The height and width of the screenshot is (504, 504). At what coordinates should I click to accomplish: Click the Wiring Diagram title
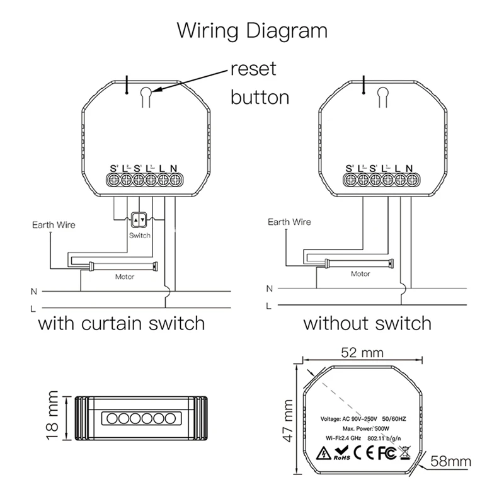point(252,30)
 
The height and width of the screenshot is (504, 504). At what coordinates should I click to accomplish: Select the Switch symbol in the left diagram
point(139,220)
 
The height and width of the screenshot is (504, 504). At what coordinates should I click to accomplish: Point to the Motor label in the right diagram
point(360,274)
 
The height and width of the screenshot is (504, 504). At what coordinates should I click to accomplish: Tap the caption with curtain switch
point(122,324)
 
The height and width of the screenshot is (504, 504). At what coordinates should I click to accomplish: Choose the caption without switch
point(367,324)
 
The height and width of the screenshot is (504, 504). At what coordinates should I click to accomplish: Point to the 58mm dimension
point(450,462)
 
